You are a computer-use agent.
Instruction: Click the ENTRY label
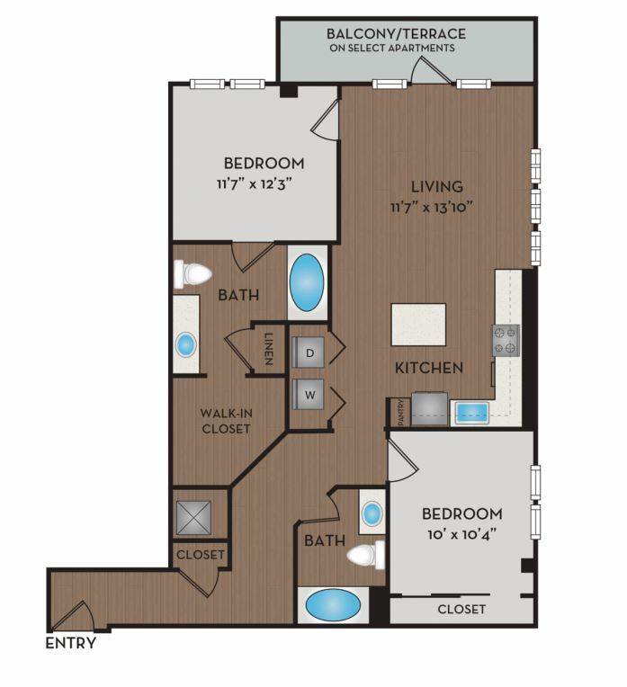pos(70,643)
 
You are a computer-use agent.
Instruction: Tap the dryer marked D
pos(309,352)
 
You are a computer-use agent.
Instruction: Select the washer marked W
pos(309,395)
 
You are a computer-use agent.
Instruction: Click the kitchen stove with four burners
pos(506,340)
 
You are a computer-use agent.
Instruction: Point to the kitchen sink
pos(471,413)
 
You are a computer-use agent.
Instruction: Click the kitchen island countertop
pos(418,325)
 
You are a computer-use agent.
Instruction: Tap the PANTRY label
pos(400,413)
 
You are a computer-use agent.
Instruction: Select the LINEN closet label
pos(268,349)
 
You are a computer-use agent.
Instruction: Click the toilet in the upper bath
pos(192,274)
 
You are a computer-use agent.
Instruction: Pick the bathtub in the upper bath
pos(307,282)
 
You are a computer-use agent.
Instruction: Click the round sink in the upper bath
pos(186,344)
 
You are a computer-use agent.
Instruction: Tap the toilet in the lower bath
pos(366,555)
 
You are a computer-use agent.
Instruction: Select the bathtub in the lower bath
pos(333,605)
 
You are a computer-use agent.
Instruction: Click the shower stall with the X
pos(193,518)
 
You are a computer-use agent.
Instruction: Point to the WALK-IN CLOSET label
pos(226,421)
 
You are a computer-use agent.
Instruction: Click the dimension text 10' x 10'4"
pos(461,534)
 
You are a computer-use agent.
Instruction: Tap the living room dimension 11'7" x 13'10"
pos(432,207)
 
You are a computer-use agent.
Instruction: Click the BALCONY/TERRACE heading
pos(396,33)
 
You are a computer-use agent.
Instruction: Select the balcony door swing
pos(430,70)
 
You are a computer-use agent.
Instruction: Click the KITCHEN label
pos(429,368)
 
